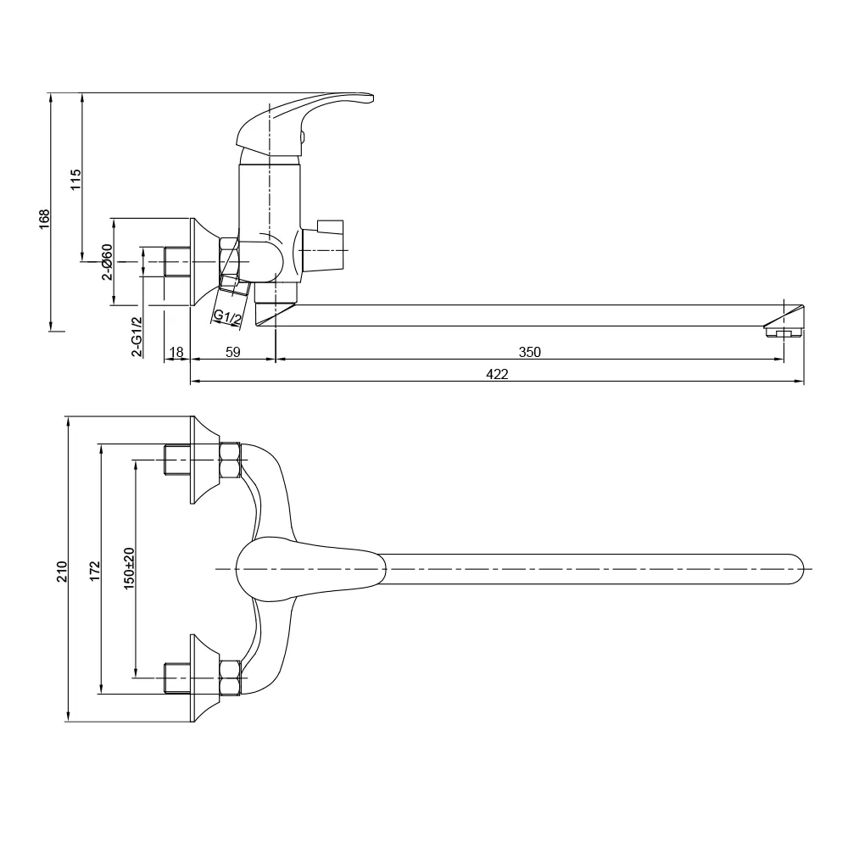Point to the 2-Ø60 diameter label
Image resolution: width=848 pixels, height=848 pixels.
[x=107, y=262]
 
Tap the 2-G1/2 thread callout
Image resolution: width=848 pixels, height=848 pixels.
[x=136, y=337]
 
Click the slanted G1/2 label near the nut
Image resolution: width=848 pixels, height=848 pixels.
[x=227, y=317]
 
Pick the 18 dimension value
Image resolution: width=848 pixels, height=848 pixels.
[x=176, y=352]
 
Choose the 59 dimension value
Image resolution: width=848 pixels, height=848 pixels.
[x=233, y=352]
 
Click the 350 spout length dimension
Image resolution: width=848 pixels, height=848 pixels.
[x=529, y=352]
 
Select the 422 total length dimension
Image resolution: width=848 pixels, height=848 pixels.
[x=498, y=375]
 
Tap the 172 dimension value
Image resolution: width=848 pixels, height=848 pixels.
[x=94, y=570]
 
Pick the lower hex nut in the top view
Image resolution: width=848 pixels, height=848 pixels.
[x=229, y=678]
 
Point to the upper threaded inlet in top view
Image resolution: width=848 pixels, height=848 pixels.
[x=176, y=460]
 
